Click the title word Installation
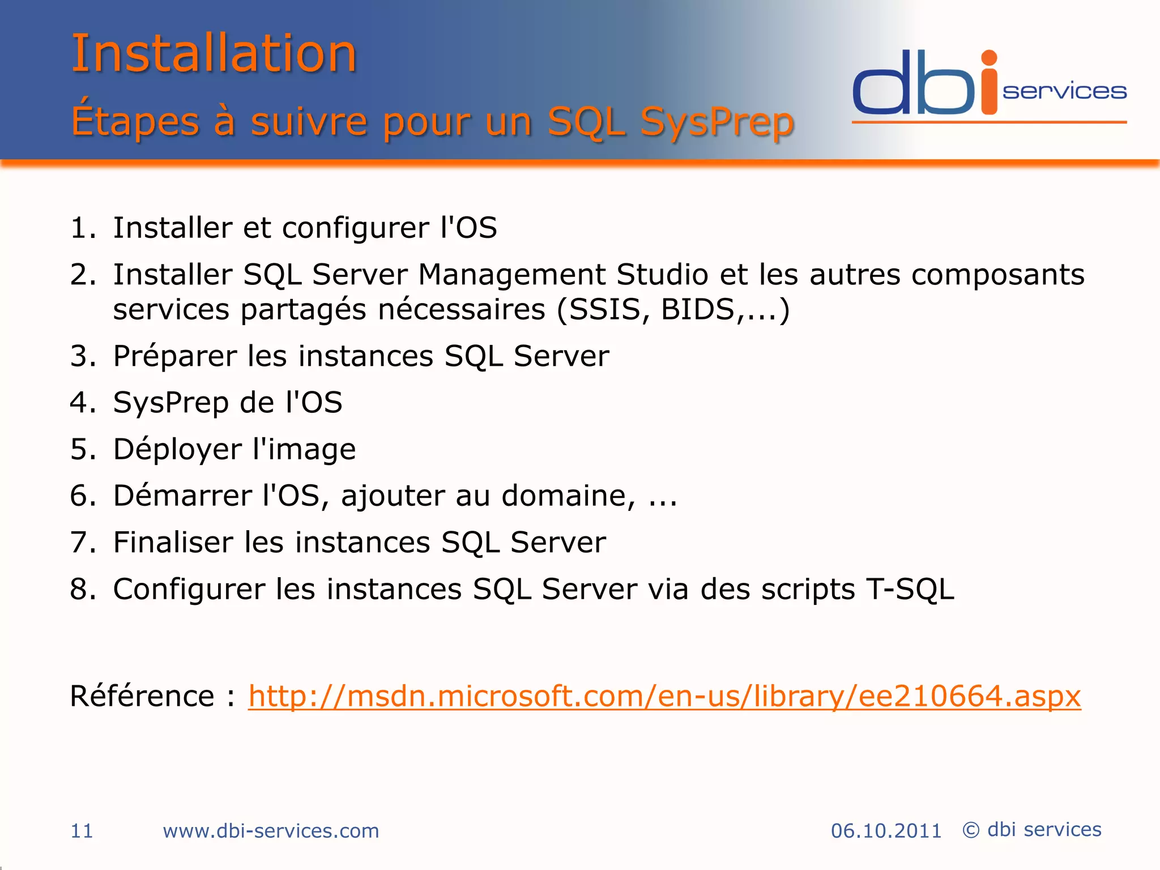click(x=214, y=54)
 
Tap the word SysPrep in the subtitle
click(x=716, y=122)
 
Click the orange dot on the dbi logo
click(x=989, y=58)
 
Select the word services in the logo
click(x=1064, y=92)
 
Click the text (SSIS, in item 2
click(x=603, y=310)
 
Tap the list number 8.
click(x=81, y=589)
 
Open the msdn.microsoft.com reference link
click(x=664, y=696)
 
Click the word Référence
click(x=142, y=696)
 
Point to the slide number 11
click(x=82, y=831)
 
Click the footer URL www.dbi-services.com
click(x=271, y=831)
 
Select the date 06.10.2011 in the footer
click(x=886, y=831)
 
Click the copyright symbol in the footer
click(x=971, y=830)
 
